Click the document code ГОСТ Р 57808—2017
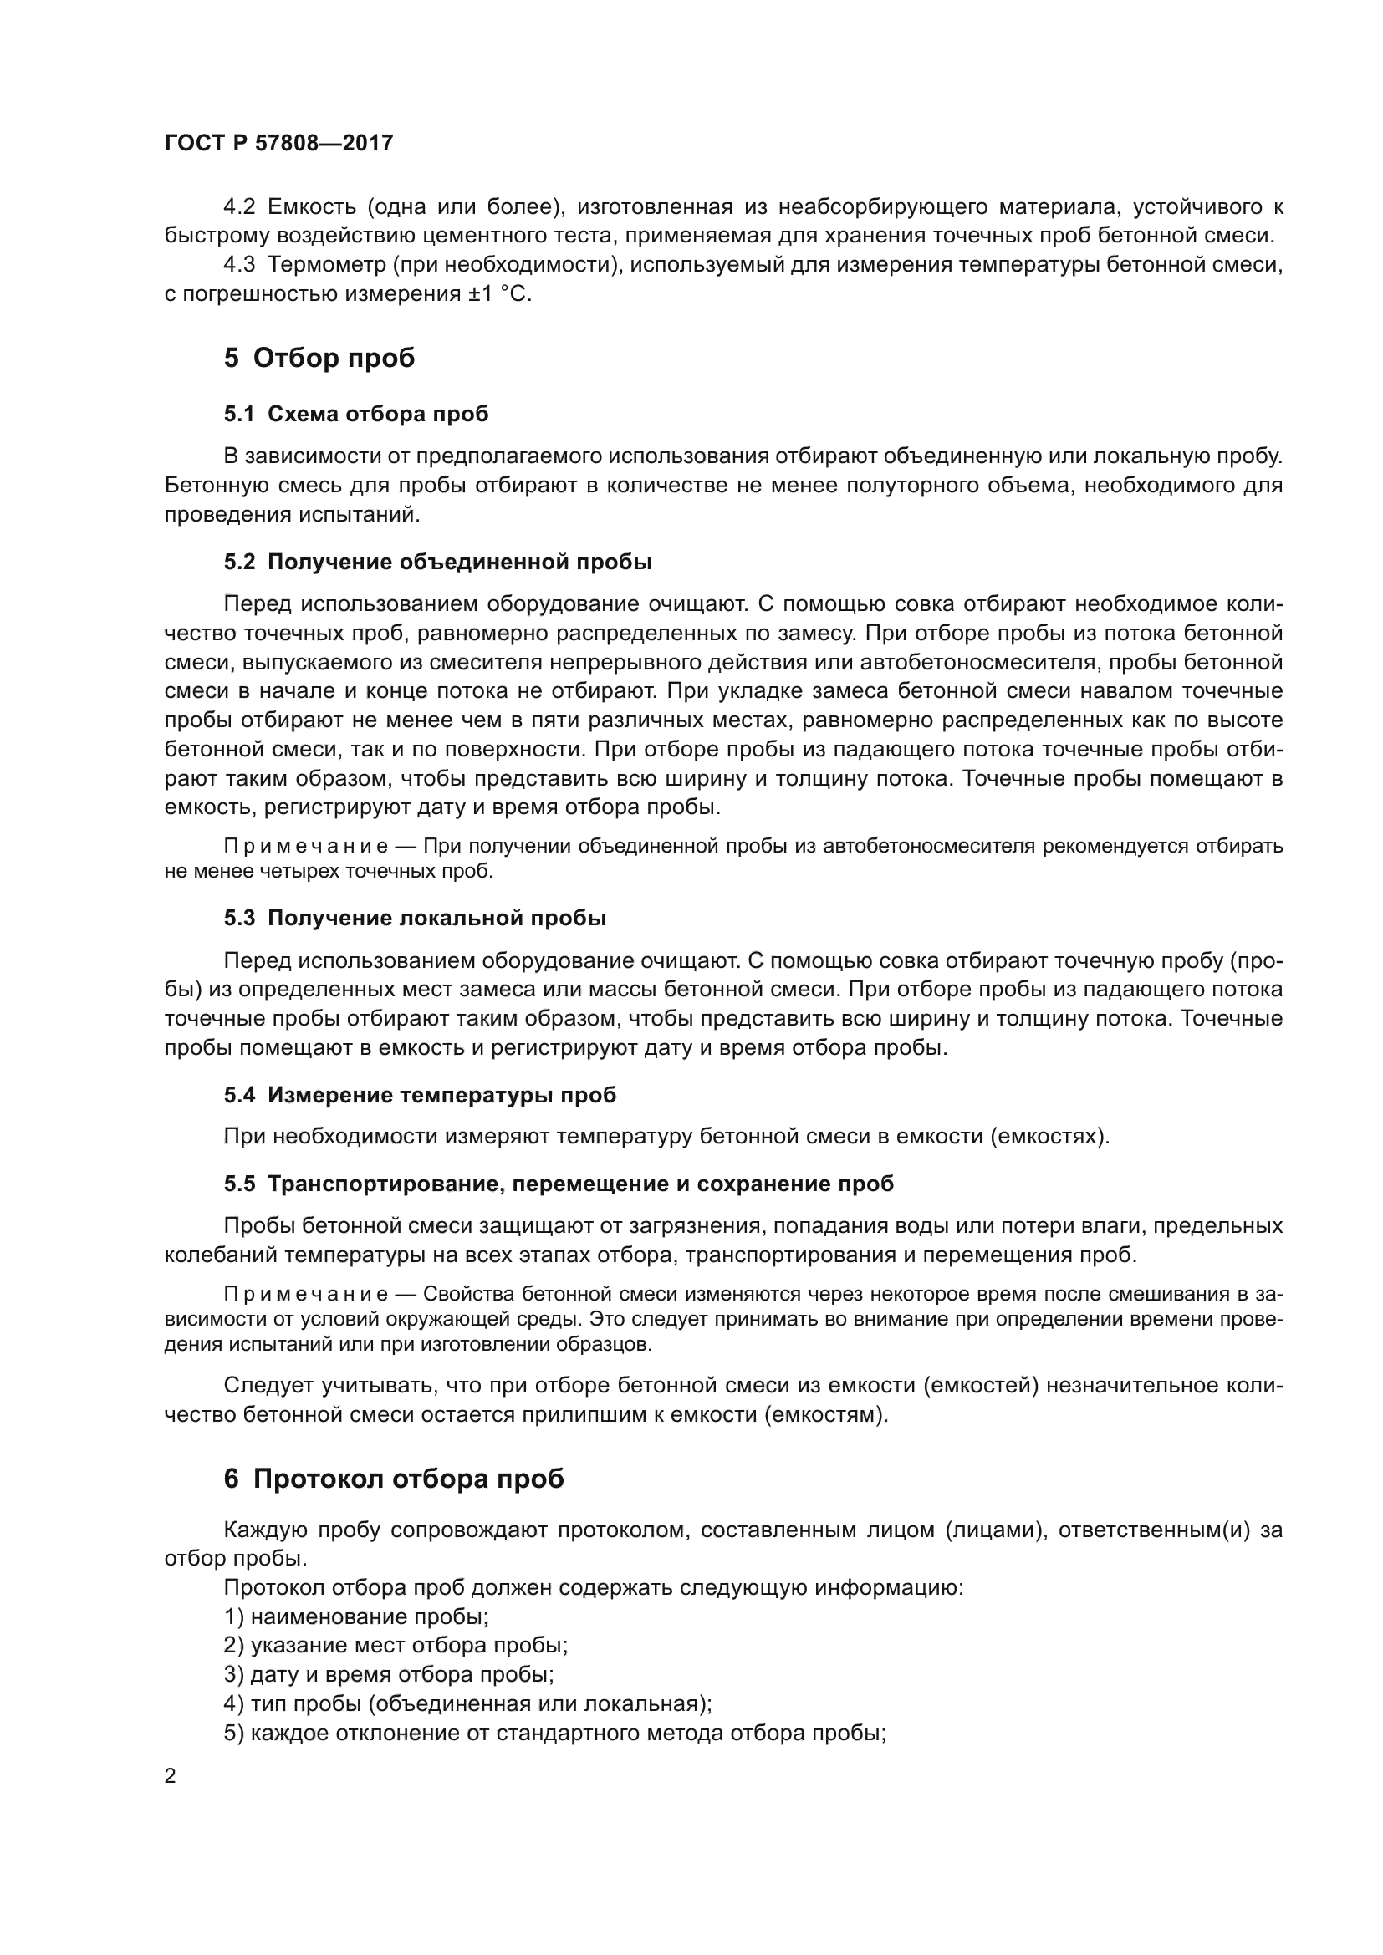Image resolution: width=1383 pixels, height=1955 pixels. [278, 143]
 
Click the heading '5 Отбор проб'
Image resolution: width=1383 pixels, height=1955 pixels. [319, 358]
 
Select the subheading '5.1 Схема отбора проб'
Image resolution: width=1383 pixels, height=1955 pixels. [356, 414]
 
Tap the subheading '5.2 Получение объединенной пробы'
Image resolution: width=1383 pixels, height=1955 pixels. [437, 562]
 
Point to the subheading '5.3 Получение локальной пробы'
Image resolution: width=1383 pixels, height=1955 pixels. [415, 918]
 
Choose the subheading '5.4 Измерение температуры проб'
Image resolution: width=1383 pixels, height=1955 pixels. [420, 1095]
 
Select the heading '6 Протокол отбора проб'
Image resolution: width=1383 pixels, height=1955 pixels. [394, 1479]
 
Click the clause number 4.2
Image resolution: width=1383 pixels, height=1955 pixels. [239, 207]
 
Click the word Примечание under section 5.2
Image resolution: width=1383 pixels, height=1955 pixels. [306, 847]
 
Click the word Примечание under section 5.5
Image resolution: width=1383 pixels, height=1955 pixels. [306, 1294]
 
